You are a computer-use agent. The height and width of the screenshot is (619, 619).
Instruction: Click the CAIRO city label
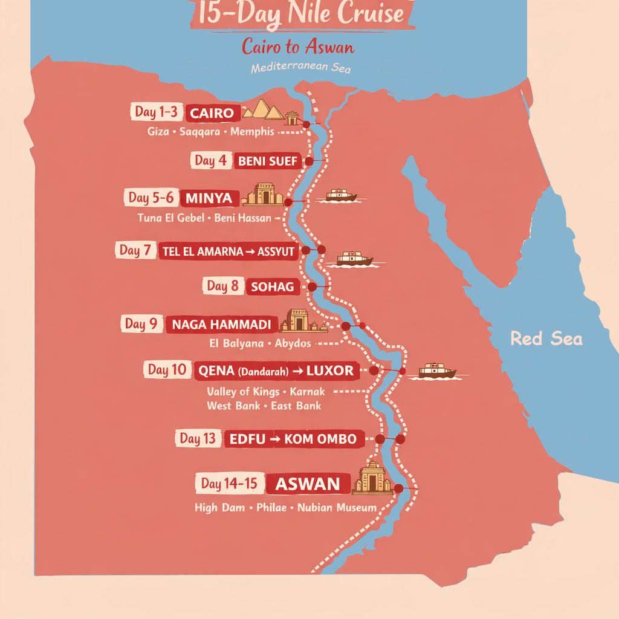click(212, 113)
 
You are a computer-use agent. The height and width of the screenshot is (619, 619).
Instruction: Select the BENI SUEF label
click(268, 161)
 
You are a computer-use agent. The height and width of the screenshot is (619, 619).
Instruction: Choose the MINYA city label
click(209, 198)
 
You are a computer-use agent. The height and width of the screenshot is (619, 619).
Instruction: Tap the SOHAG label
click(273, 287)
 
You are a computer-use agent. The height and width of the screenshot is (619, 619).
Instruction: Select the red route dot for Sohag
click(312, 287)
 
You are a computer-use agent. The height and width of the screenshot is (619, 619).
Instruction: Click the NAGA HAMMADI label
click(221, 325)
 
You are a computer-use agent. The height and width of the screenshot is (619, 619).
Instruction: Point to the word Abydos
click(293, 343)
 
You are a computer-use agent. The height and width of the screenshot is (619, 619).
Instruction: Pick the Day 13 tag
click(197, 439)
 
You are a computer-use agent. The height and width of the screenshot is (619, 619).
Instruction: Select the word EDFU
click(247, 439)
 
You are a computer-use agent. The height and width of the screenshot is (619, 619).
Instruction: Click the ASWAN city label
click(308, 484)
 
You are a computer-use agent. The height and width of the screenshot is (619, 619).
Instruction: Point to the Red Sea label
click(546, 339)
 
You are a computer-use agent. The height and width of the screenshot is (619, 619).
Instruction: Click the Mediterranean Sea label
click(300, 68)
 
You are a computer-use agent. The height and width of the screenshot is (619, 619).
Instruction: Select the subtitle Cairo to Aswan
click(298, 47)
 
